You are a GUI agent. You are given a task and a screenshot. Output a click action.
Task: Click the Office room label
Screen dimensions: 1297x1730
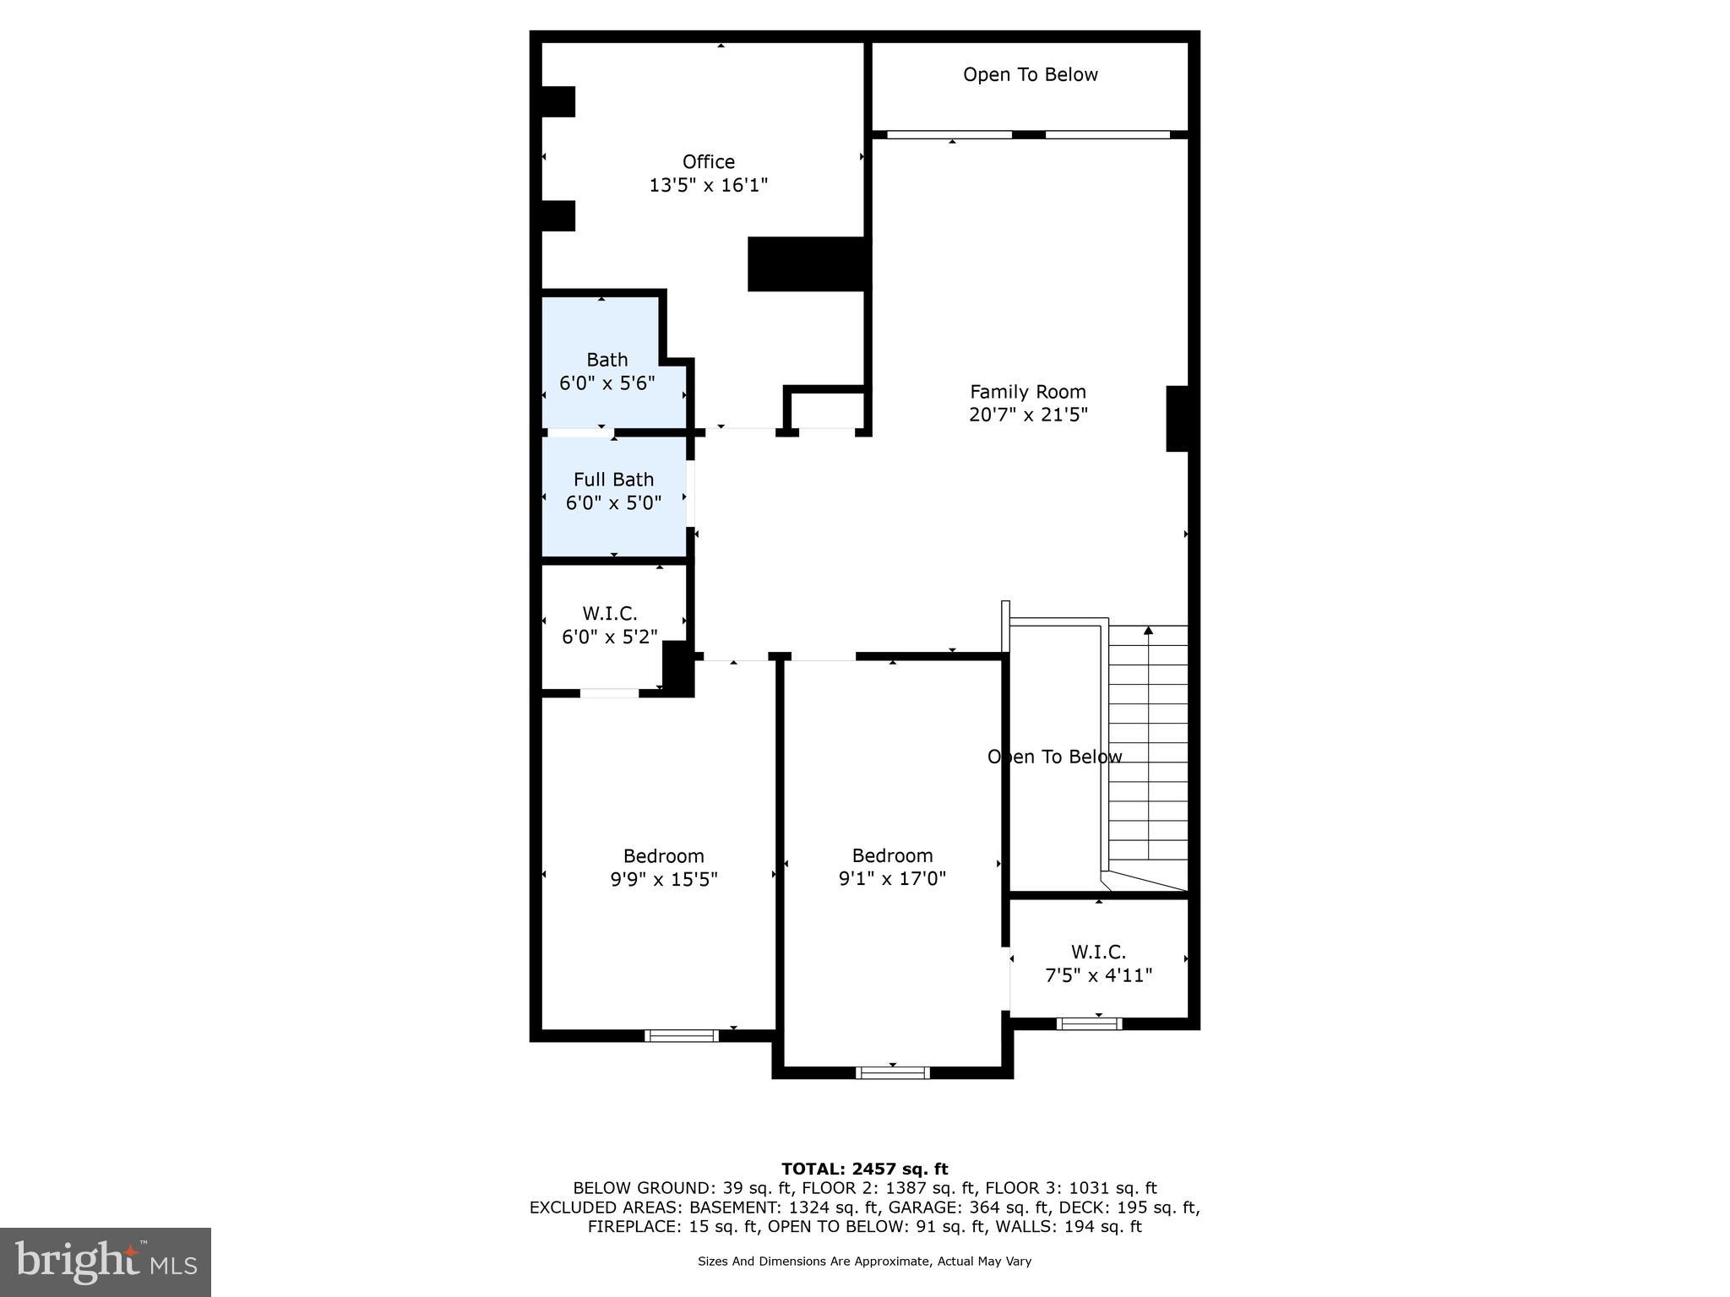coord(708,161)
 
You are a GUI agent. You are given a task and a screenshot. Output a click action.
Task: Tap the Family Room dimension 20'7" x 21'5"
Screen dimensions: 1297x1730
coord(1027,415)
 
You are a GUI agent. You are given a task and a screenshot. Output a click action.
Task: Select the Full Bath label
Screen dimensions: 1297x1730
coord(613,480)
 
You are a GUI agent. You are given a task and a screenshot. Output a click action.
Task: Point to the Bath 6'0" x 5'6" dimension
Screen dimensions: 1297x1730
coord(607,383)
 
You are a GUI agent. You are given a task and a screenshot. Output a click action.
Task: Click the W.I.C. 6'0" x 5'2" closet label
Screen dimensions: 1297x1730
coord(609,614)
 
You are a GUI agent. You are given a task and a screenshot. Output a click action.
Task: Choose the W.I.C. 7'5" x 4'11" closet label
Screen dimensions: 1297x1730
coord(1098,952)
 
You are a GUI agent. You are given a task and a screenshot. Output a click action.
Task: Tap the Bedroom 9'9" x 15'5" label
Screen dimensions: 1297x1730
coord(663,856)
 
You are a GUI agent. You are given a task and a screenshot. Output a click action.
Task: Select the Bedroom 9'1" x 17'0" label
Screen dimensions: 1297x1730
coord(892,856)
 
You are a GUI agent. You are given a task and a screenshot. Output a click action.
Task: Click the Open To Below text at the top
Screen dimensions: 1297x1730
coord(1030,74)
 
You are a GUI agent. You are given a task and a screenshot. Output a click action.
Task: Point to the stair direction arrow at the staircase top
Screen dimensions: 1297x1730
coord(1147,631)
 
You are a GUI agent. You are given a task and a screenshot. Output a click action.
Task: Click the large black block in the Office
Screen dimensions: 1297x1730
coord(808,264)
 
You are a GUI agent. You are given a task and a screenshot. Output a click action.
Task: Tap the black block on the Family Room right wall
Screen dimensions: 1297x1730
coord(1178,418)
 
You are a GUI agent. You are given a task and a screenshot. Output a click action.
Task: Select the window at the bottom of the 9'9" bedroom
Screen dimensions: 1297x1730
coord(681,1035)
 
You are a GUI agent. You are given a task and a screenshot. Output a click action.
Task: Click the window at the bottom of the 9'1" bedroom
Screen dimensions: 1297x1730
coord(892,1072)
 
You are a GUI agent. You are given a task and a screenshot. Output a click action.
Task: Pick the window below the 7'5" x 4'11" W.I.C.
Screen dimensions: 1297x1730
coord(1089,1023)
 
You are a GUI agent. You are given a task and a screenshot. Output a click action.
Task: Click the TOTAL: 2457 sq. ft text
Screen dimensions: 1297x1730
coord(864,1169)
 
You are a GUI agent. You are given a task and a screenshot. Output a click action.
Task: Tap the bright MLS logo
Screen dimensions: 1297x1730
coord(106,1262)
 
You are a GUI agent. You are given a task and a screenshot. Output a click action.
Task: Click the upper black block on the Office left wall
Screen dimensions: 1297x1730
coord(558,101)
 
